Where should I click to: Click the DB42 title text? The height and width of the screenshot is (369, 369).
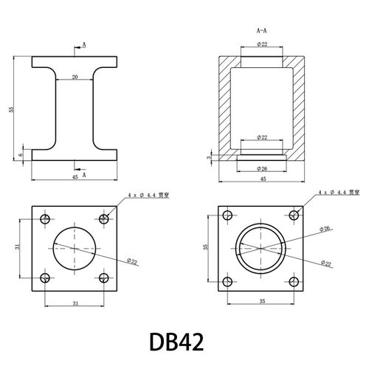click(176, 342)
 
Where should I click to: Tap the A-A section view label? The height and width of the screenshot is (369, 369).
click(261, 31)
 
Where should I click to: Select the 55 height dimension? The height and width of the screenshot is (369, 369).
click(11, 109)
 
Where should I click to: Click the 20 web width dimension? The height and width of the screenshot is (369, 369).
click(75, 77)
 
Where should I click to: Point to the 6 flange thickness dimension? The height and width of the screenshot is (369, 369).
click(21, 155)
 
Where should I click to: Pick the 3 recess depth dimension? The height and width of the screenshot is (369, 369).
click(210, 157)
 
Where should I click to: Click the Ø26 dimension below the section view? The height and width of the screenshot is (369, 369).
click(262, 169)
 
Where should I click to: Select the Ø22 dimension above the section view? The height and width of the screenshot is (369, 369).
click(262, 44)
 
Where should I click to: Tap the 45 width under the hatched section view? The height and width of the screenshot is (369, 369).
click(263, 179)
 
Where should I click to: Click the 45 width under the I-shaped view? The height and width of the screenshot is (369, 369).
click(75, 177)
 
